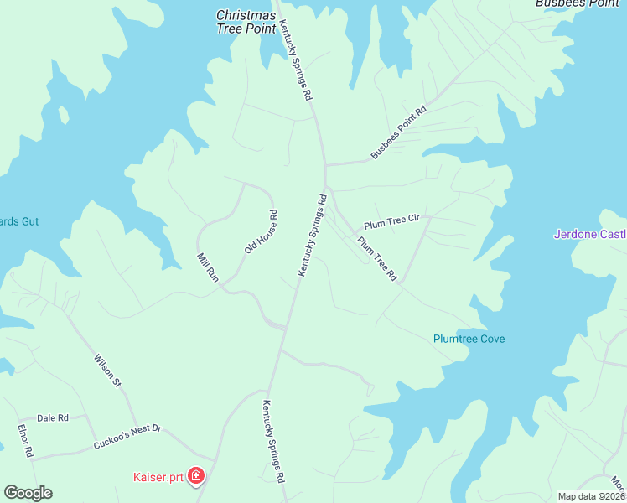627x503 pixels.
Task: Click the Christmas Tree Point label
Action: tap(246, 22)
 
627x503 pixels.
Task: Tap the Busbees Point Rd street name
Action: tap(398, 132)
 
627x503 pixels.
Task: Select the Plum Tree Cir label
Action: tap(391, 222)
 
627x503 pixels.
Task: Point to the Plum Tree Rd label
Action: tap(376, 258)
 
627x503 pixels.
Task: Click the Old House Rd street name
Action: tap(261, 232)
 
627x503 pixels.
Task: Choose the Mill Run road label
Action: tap(207, 269)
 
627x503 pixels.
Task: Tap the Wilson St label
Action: tap(106, 370)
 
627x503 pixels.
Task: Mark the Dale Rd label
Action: tap(52, 417)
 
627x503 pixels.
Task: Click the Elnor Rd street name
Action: tap(25, 440)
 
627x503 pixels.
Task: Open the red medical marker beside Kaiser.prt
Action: tap(196, 478)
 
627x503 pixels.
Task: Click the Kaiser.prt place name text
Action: tap(157, 478)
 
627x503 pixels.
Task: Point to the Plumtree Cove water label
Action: tap(469, 339)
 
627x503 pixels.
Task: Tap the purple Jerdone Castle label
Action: tap(589, 234)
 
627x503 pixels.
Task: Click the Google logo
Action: tap(28, 493)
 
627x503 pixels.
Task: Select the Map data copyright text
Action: tap(592, 496)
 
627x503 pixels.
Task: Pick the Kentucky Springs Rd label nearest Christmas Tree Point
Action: tap(296, 60)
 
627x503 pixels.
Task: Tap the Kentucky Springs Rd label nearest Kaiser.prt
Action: tap(273, 441)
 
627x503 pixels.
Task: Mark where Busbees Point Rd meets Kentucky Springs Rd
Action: tap(325, 164)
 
